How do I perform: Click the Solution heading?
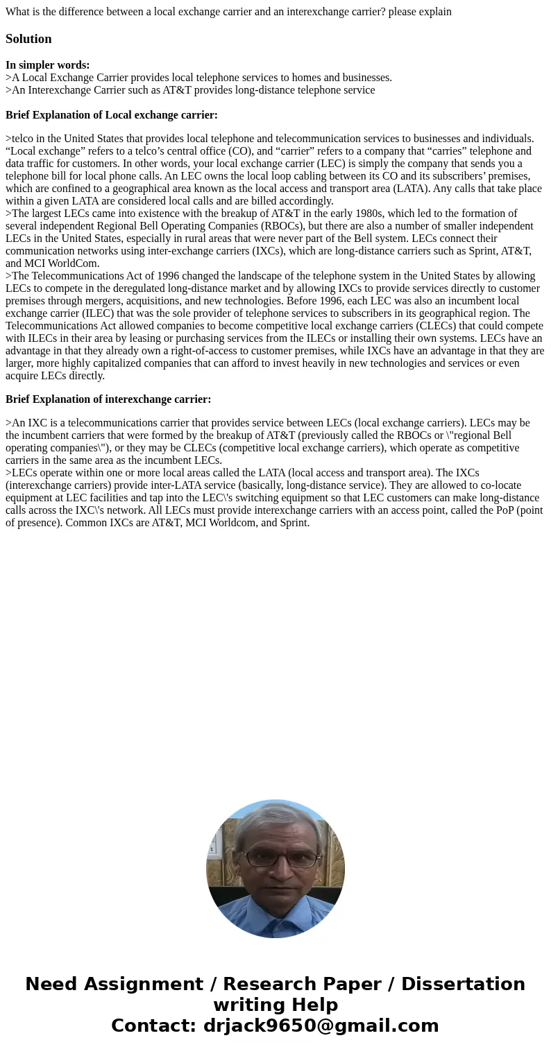[x=28, y=39]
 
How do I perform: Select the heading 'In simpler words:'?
[x=47, y=65]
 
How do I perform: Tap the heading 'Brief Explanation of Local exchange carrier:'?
[x=112, y=115]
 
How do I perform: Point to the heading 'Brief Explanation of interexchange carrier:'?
[x=108, y=399]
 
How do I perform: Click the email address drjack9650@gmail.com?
[x=321, y=1026]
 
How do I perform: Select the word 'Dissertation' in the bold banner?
[x=463, y=985]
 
